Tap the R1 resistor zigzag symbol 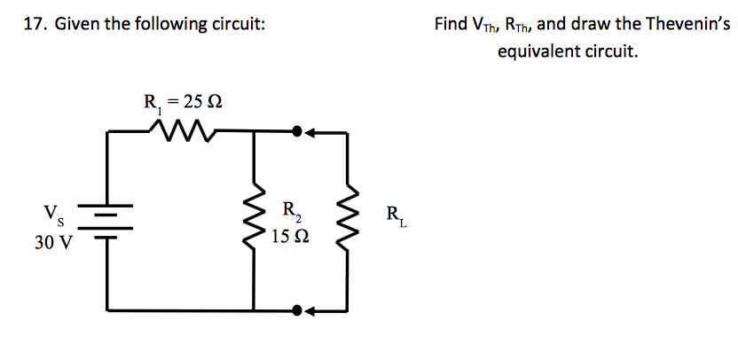(183, 132)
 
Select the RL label (396, 215)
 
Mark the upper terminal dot (297, 132)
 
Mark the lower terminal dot (297, 310)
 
